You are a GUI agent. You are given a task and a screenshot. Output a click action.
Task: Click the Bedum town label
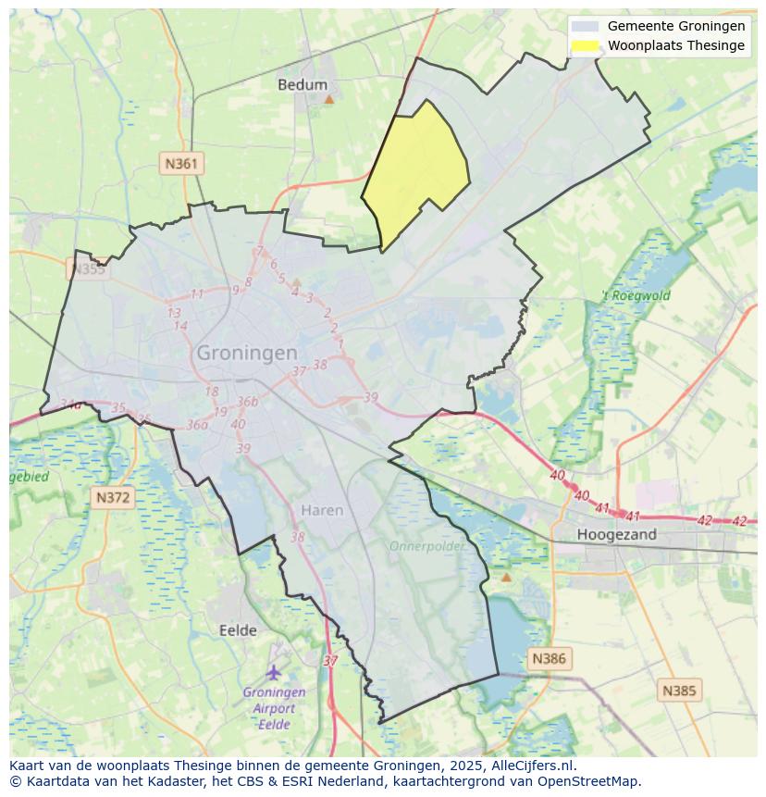303,84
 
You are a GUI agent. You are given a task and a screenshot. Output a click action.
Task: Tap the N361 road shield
180,164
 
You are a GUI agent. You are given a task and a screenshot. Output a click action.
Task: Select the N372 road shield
114,498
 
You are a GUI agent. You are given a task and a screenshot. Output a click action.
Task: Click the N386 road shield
549,659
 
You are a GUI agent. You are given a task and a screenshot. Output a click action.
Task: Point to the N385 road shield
680,691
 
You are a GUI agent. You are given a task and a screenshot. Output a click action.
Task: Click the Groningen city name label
247,353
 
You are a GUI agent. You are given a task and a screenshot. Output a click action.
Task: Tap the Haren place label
322,510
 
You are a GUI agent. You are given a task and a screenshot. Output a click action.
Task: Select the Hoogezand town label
616,534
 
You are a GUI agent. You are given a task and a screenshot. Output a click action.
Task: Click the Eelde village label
238,630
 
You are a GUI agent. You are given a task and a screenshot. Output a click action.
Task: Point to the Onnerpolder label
426,546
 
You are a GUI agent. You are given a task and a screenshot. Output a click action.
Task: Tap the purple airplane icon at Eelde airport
274,671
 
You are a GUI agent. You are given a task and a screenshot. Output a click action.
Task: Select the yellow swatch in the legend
585,45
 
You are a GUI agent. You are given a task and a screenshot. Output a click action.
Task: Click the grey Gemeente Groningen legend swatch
585,26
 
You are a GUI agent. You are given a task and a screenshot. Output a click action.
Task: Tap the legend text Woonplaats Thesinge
675,45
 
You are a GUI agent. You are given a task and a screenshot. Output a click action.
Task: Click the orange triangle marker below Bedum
328,98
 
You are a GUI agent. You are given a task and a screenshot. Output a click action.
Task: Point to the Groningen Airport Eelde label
274,708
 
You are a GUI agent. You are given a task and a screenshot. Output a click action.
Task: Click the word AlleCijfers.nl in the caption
532,766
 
